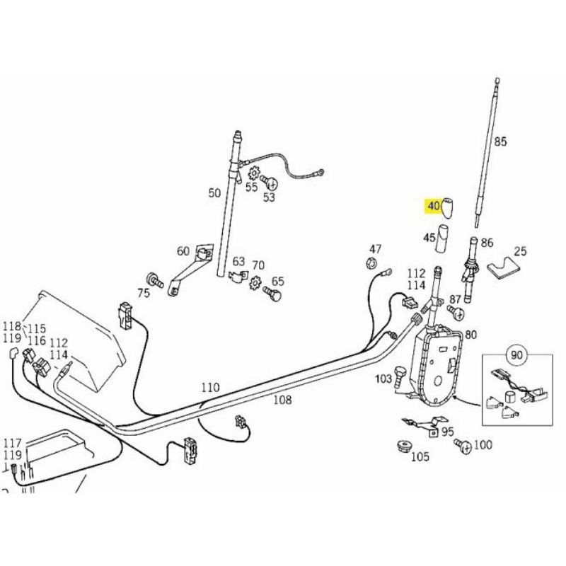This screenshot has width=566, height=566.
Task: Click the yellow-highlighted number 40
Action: (x=432, y=206)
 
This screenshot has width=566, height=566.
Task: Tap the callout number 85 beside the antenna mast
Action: (x=500, y=141)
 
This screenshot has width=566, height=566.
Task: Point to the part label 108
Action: (x=282, y=400)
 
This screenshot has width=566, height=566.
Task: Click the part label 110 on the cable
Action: (x=210, y=388)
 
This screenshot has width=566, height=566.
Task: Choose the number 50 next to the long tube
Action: (x=214, y=192)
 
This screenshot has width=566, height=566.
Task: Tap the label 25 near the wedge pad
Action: (x=520, y=251)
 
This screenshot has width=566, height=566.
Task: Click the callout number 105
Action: (x=420, y=457)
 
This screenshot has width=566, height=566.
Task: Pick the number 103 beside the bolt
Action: (x=383, y=379)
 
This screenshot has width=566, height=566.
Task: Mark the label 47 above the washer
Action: (x=375, y=249)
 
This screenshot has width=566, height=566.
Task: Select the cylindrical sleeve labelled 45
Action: (x=443, y=236)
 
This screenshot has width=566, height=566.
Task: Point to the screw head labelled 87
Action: (x=458, y=313)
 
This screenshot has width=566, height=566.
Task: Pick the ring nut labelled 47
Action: (x=369, y=264)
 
